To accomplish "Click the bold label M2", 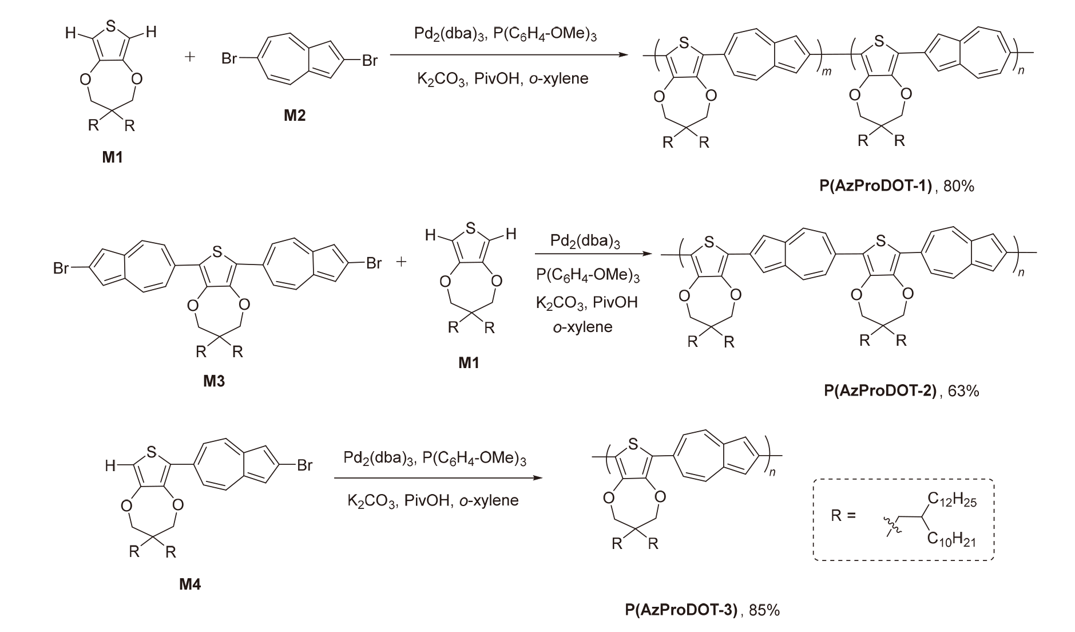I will click(295, 116).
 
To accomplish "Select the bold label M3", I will click(214, 381).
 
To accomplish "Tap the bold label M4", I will click(190, 584).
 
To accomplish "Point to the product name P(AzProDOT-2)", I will click(880, 390).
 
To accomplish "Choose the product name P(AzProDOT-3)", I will click(681, 610).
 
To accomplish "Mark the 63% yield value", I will click(963, 390).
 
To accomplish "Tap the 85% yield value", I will click(764, 610).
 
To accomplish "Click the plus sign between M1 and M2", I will click(191, 57).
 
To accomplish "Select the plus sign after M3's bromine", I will click(402, 262).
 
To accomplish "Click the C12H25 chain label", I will click(952, 501).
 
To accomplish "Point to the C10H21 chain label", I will click(952, 539).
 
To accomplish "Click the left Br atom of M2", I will click(229, 58).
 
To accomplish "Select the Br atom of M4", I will click(304, 465).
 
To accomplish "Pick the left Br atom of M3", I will click(61, 267).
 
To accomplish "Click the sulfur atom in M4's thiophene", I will click(152, 452).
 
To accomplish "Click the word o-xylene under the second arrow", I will click(582, 327).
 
